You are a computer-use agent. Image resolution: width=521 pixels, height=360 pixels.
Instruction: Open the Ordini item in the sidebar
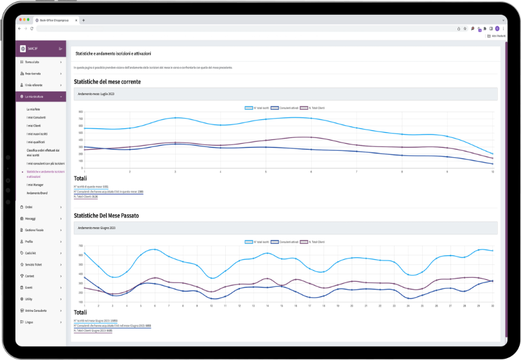29,207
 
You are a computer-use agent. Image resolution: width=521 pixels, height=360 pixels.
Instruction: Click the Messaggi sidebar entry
31,219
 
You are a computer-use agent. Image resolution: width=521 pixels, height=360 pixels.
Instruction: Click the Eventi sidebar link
29,288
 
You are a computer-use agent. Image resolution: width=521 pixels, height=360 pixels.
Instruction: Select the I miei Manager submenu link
36,185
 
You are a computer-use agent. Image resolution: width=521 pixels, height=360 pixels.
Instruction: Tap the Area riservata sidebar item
33,74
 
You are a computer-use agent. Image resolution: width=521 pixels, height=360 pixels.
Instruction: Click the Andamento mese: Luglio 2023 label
96,94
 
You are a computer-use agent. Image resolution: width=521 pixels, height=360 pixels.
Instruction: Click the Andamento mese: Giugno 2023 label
96,228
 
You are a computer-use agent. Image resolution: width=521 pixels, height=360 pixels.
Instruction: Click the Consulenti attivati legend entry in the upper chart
285,108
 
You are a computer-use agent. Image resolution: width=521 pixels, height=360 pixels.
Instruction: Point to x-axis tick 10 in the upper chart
493,171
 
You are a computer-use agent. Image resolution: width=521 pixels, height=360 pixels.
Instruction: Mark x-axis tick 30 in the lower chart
492,306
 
